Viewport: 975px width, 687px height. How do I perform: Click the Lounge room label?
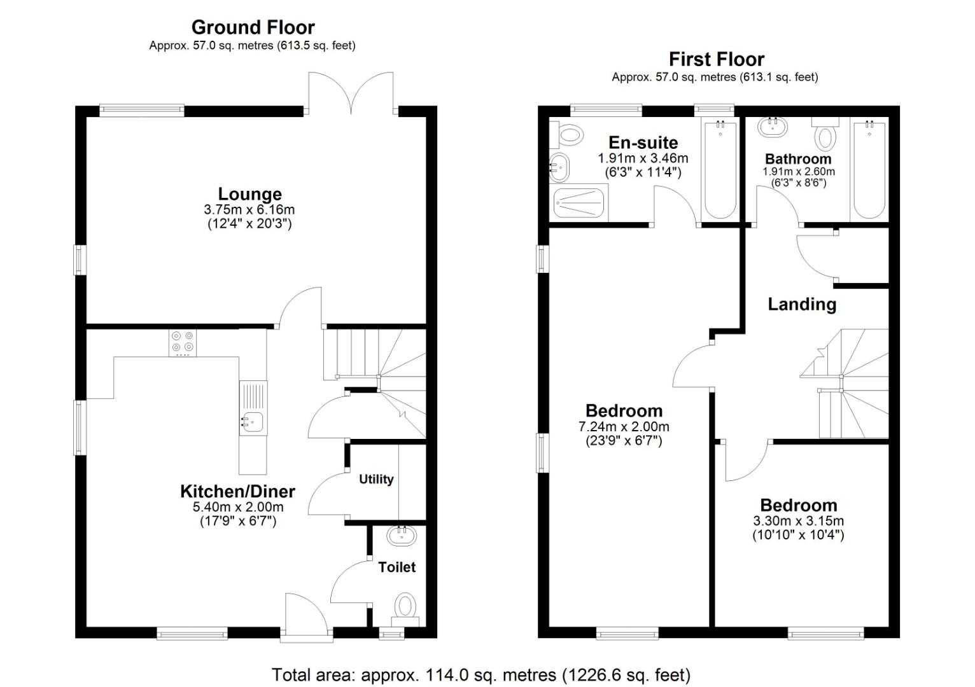click(250, 194)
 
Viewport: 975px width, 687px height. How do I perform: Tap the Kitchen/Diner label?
click(237, 492)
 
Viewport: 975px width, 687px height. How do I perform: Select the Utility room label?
click(376, 479)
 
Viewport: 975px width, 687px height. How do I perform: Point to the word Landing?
click(802, 305)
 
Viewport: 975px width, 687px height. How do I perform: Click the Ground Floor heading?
click(253, 27)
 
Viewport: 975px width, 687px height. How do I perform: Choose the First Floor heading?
click(717, 59)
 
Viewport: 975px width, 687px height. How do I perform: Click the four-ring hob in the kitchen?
click(183, 343)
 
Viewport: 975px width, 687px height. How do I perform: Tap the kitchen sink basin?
click(253, 422)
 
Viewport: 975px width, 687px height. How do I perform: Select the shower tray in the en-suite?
click(579, 203)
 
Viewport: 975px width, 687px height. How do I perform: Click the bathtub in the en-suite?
click(720, 170)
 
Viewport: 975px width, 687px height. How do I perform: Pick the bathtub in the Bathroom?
click(869, 170)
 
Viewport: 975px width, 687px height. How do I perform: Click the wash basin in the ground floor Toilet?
click(402, 536)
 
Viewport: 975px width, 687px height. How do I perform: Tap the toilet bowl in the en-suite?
click(571, 135)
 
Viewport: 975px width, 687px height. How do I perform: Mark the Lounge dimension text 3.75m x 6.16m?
click(249, 210)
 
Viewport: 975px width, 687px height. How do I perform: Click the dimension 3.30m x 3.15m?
click(798, 521)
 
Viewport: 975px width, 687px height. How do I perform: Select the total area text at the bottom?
click(481, 675)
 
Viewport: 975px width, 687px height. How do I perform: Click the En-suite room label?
click(643, 142)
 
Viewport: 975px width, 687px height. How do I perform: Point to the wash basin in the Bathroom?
click(773, 127)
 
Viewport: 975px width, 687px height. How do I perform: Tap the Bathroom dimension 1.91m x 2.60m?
click(799, 172)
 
